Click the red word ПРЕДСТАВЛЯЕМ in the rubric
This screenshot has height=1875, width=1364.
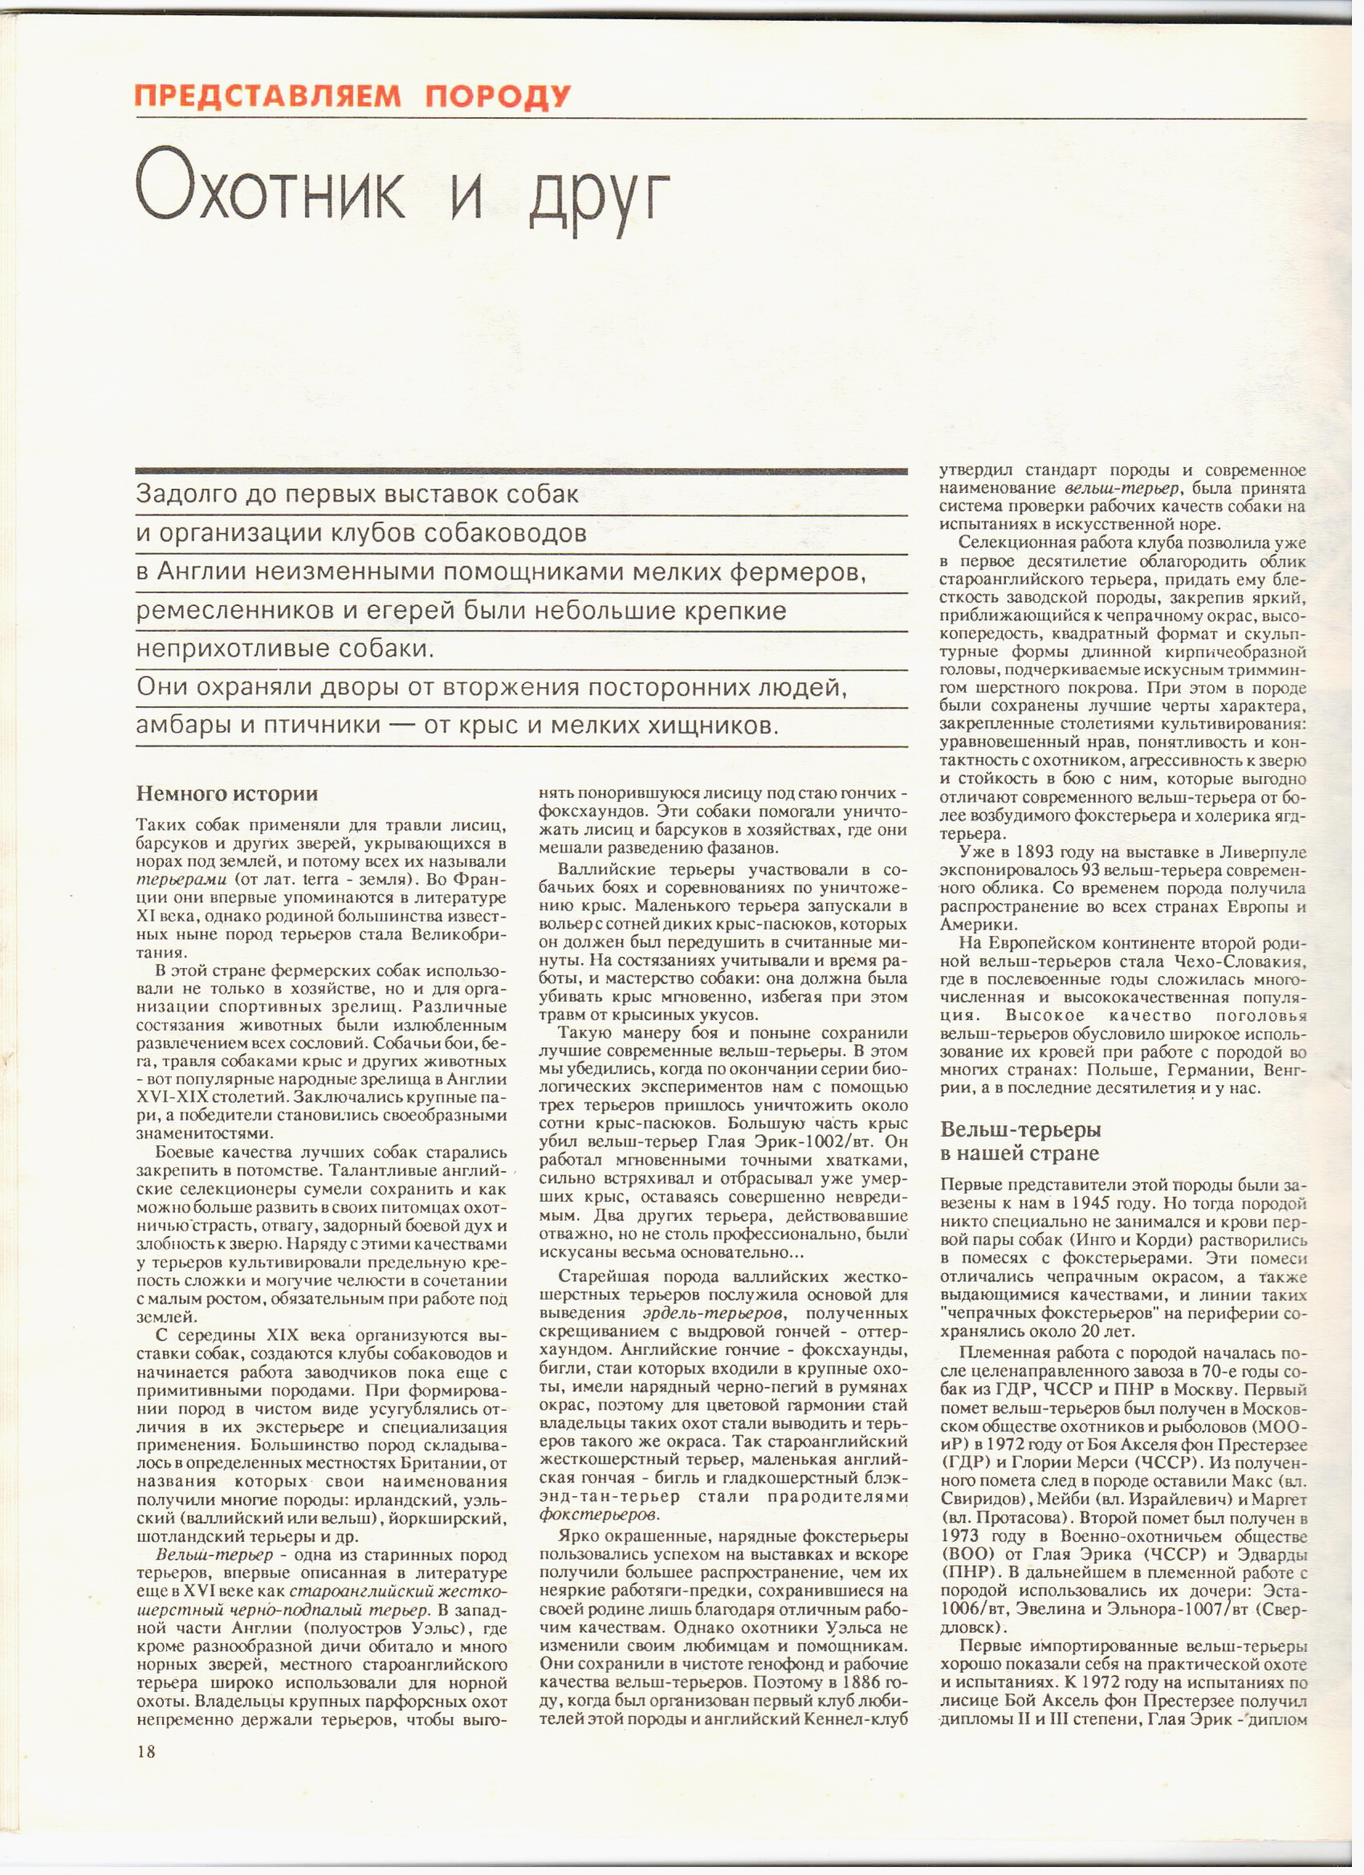268,97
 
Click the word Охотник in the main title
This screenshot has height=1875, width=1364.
271,193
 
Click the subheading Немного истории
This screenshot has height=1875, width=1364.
226,794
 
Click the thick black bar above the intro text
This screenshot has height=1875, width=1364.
522,471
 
